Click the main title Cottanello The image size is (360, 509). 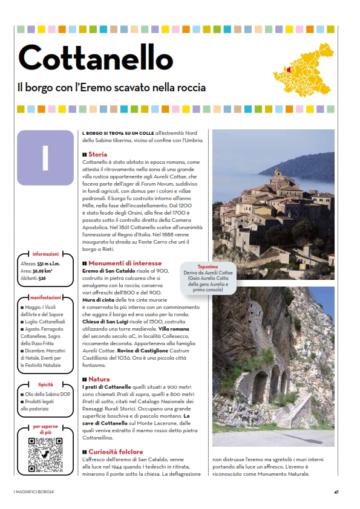coord(95,57)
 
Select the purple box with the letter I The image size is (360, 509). coord(45,157)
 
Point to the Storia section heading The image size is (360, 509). coord(97,155)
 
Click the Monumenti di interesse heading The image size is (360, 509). coord(125,264)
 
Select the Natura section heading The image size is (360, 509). coord(99,380)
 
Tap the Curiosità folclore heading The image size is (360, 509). coord(116,452)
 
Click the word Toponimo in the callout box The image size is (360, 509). coord(208,267)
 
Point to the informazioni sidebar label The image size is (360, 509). coord(46,254)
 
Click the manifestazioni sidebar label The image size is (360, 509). coord(45,298)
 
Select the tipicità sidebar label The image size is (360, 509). coord(45,384)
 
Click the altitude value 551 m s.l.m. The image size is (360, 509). coord(51,265)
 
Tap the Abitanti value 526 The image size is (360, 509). coord(42,279)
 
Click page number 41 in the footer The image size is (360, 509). coord(336,491)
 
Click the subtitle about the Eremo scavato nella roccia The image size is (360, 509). coord(112,88)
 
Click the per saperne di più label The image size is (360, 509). coord(45,430)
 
